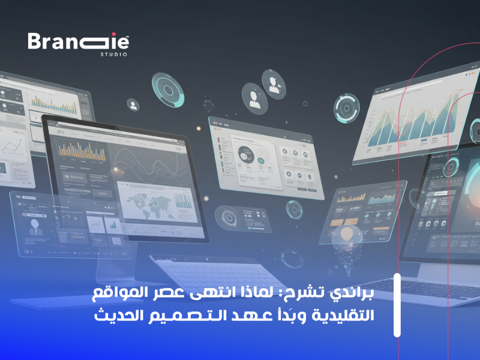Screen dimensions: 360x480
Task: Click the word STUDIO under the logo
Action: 113,55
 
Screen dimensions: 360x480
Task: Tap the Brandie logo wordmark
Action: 78,42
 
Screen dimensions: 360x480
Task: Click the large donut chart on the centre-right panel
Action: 246,154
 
